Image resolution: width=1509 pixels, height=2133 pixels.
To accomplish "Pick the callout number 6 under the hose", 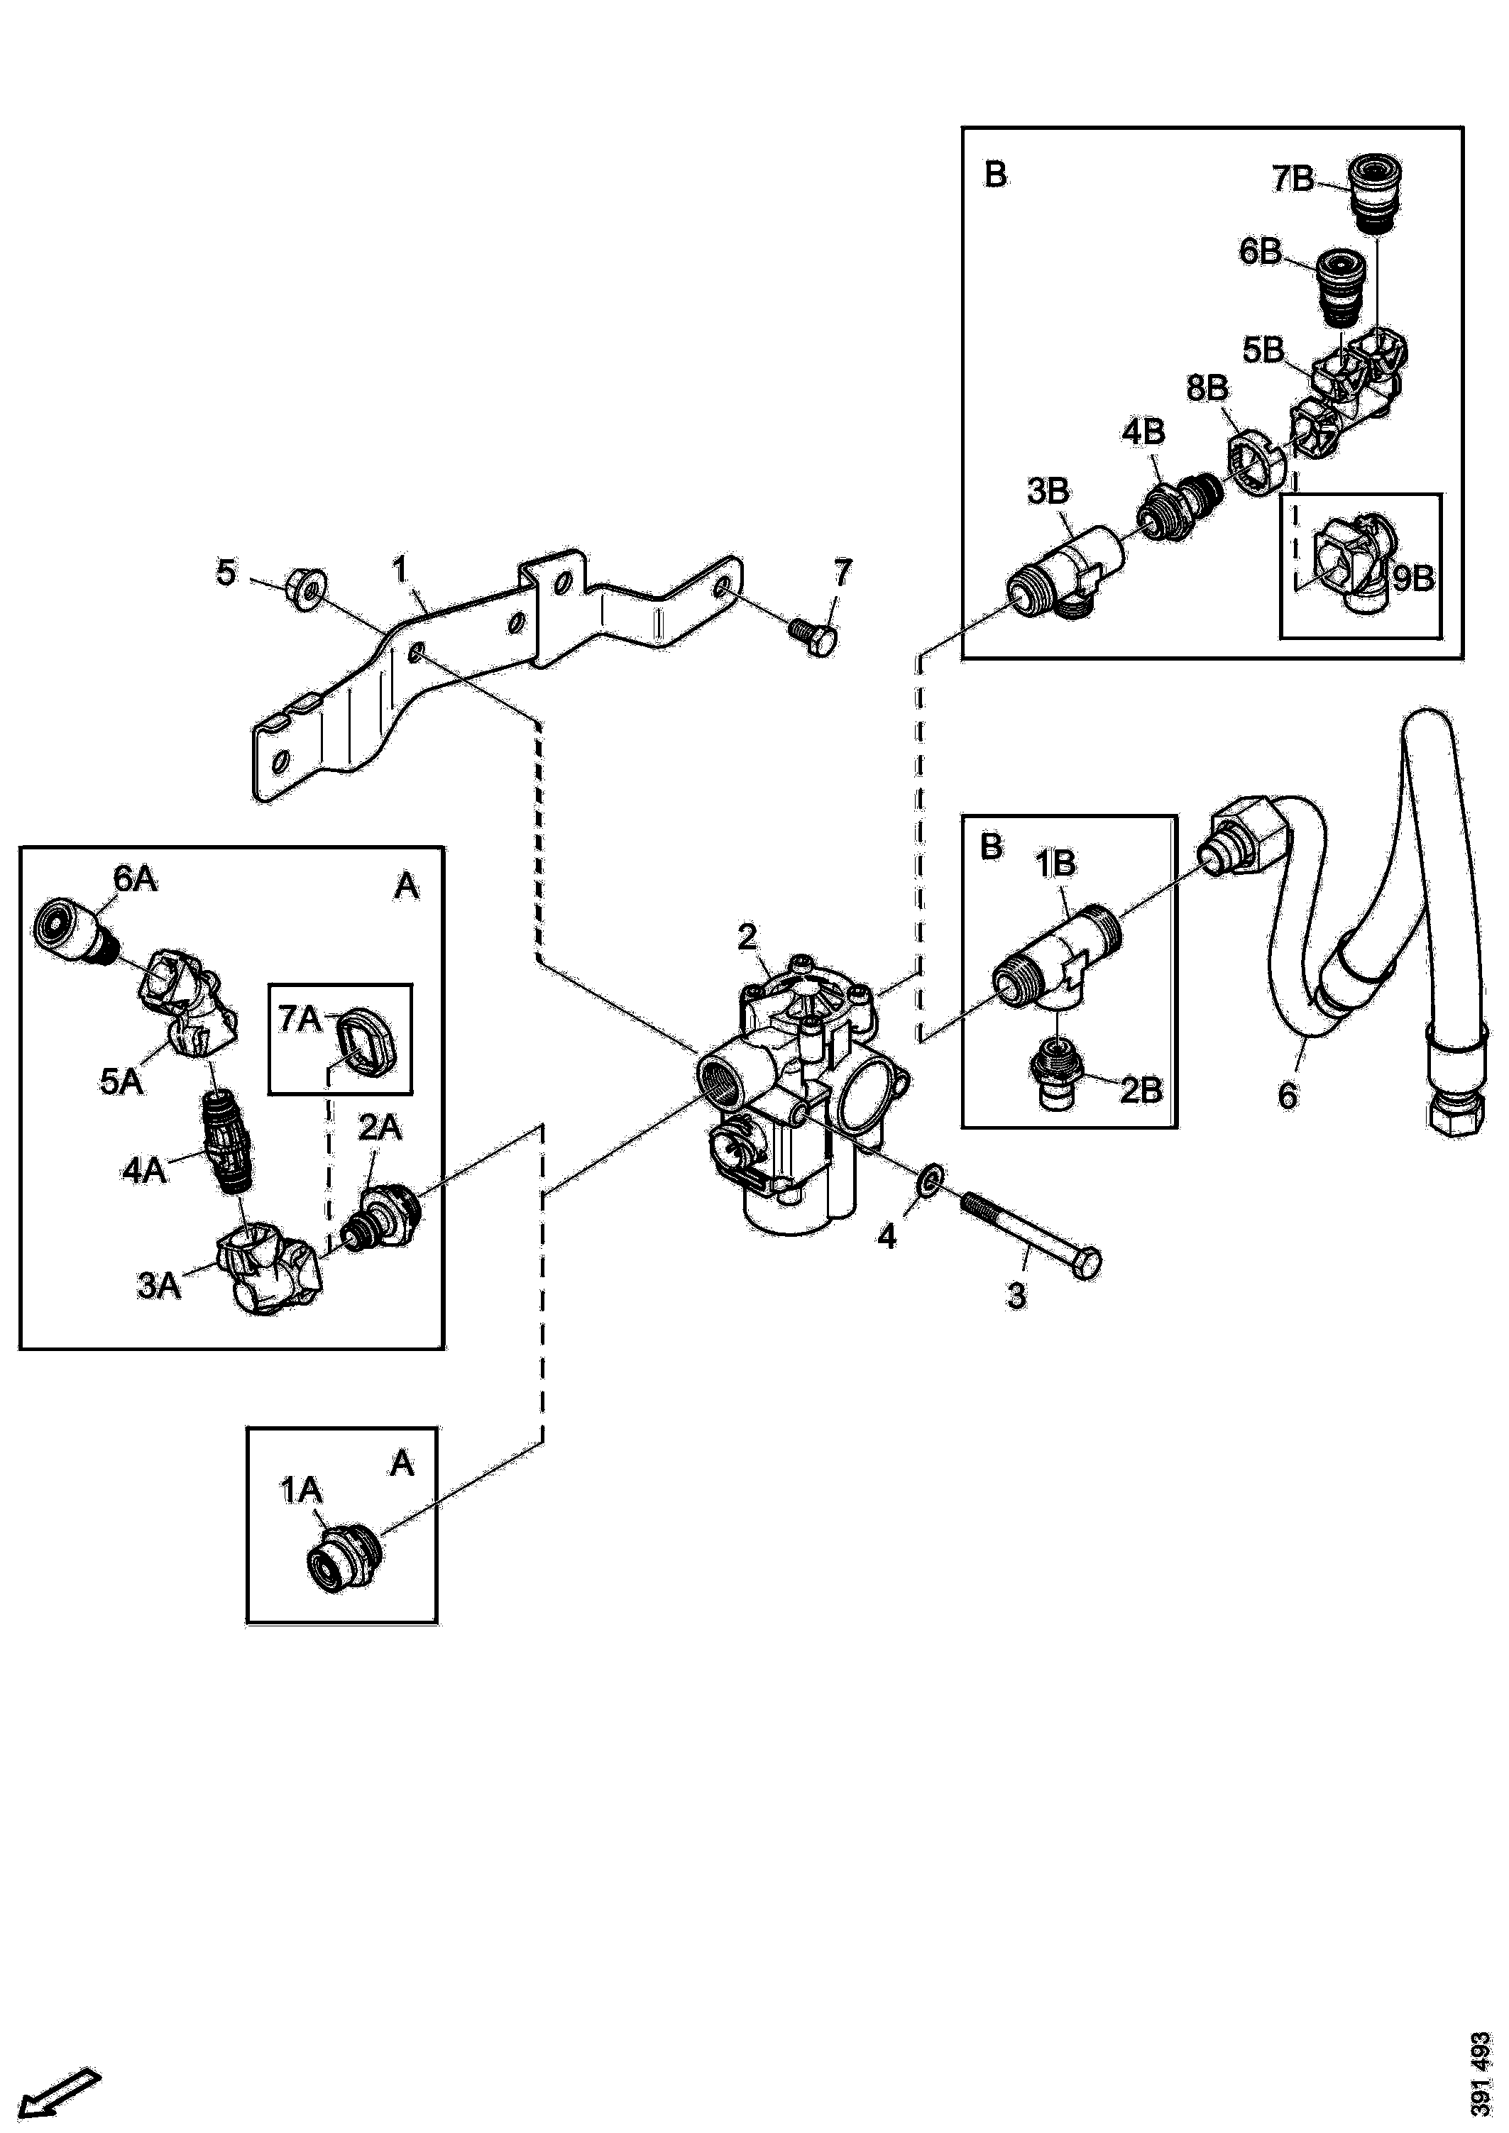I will [1287, 1096].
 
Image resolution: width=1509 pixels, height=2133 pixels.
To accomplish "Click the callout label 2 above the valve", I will [747, 937].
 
